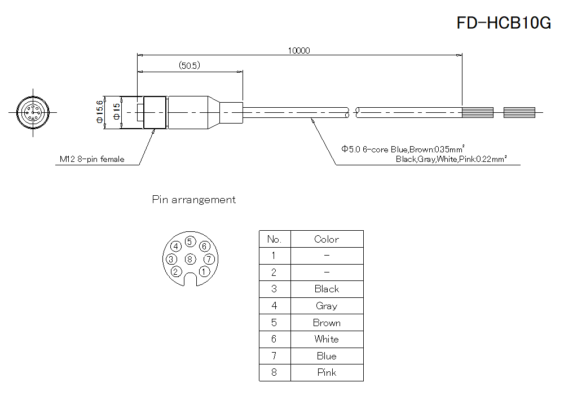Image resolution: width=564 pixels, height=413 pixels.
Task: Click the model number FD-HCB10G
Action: click(x=504, y=23)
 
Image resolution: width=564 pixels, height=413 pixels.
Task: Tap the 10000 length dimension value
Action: click(x=298, y=50)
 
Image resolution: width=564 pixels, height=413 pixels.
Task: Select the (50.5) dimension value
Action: click(x=190, y=66)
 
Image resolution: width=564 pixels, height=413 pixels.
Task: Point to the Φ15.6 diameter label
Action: click(x=100, y=112)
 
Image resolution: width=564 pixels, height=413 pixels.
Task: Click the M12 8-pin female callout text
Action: click(x=92, y=160)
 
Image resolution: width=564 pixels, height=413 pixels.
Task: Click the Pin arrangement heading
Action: click(x=194, y=200)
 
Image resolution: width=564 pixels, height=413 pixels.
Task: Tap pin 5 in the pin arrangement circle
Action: click(x=190, y=242)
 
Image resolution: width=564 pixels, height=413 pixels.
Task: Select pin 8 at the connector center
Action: click(x=190, y=259)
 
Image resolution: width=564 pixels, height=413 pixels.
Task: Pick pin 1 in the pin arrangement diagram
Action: click(x=204, y=271)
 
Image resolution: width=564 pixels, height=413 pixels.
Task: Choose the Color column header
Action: click(x=327, y=239)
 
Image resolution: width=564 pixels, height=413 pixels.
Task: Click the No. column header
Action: click(x=274, y=239)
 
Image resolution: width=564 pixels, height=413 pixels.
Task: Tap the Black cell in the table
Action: click(x=327, y=289)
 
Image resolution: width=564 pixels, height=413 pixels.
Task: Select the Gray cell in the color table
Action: click(x=327, y=306)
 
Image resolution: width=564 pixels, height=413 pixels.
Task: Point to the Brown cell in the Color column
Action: click(x=327, y=323)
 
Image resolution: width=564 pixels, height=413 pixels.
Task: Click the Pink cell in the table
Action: click(x=327, y=372)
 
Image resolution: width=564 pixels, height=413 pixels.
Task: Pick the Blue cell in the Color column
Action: click(x=327, y=356)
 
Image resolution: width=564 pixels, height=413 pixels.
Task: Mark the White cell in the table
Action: click(x=327, y=339)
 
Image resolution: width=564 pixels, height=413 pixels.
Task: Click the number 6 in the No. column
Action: click(x=274, y=339)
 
